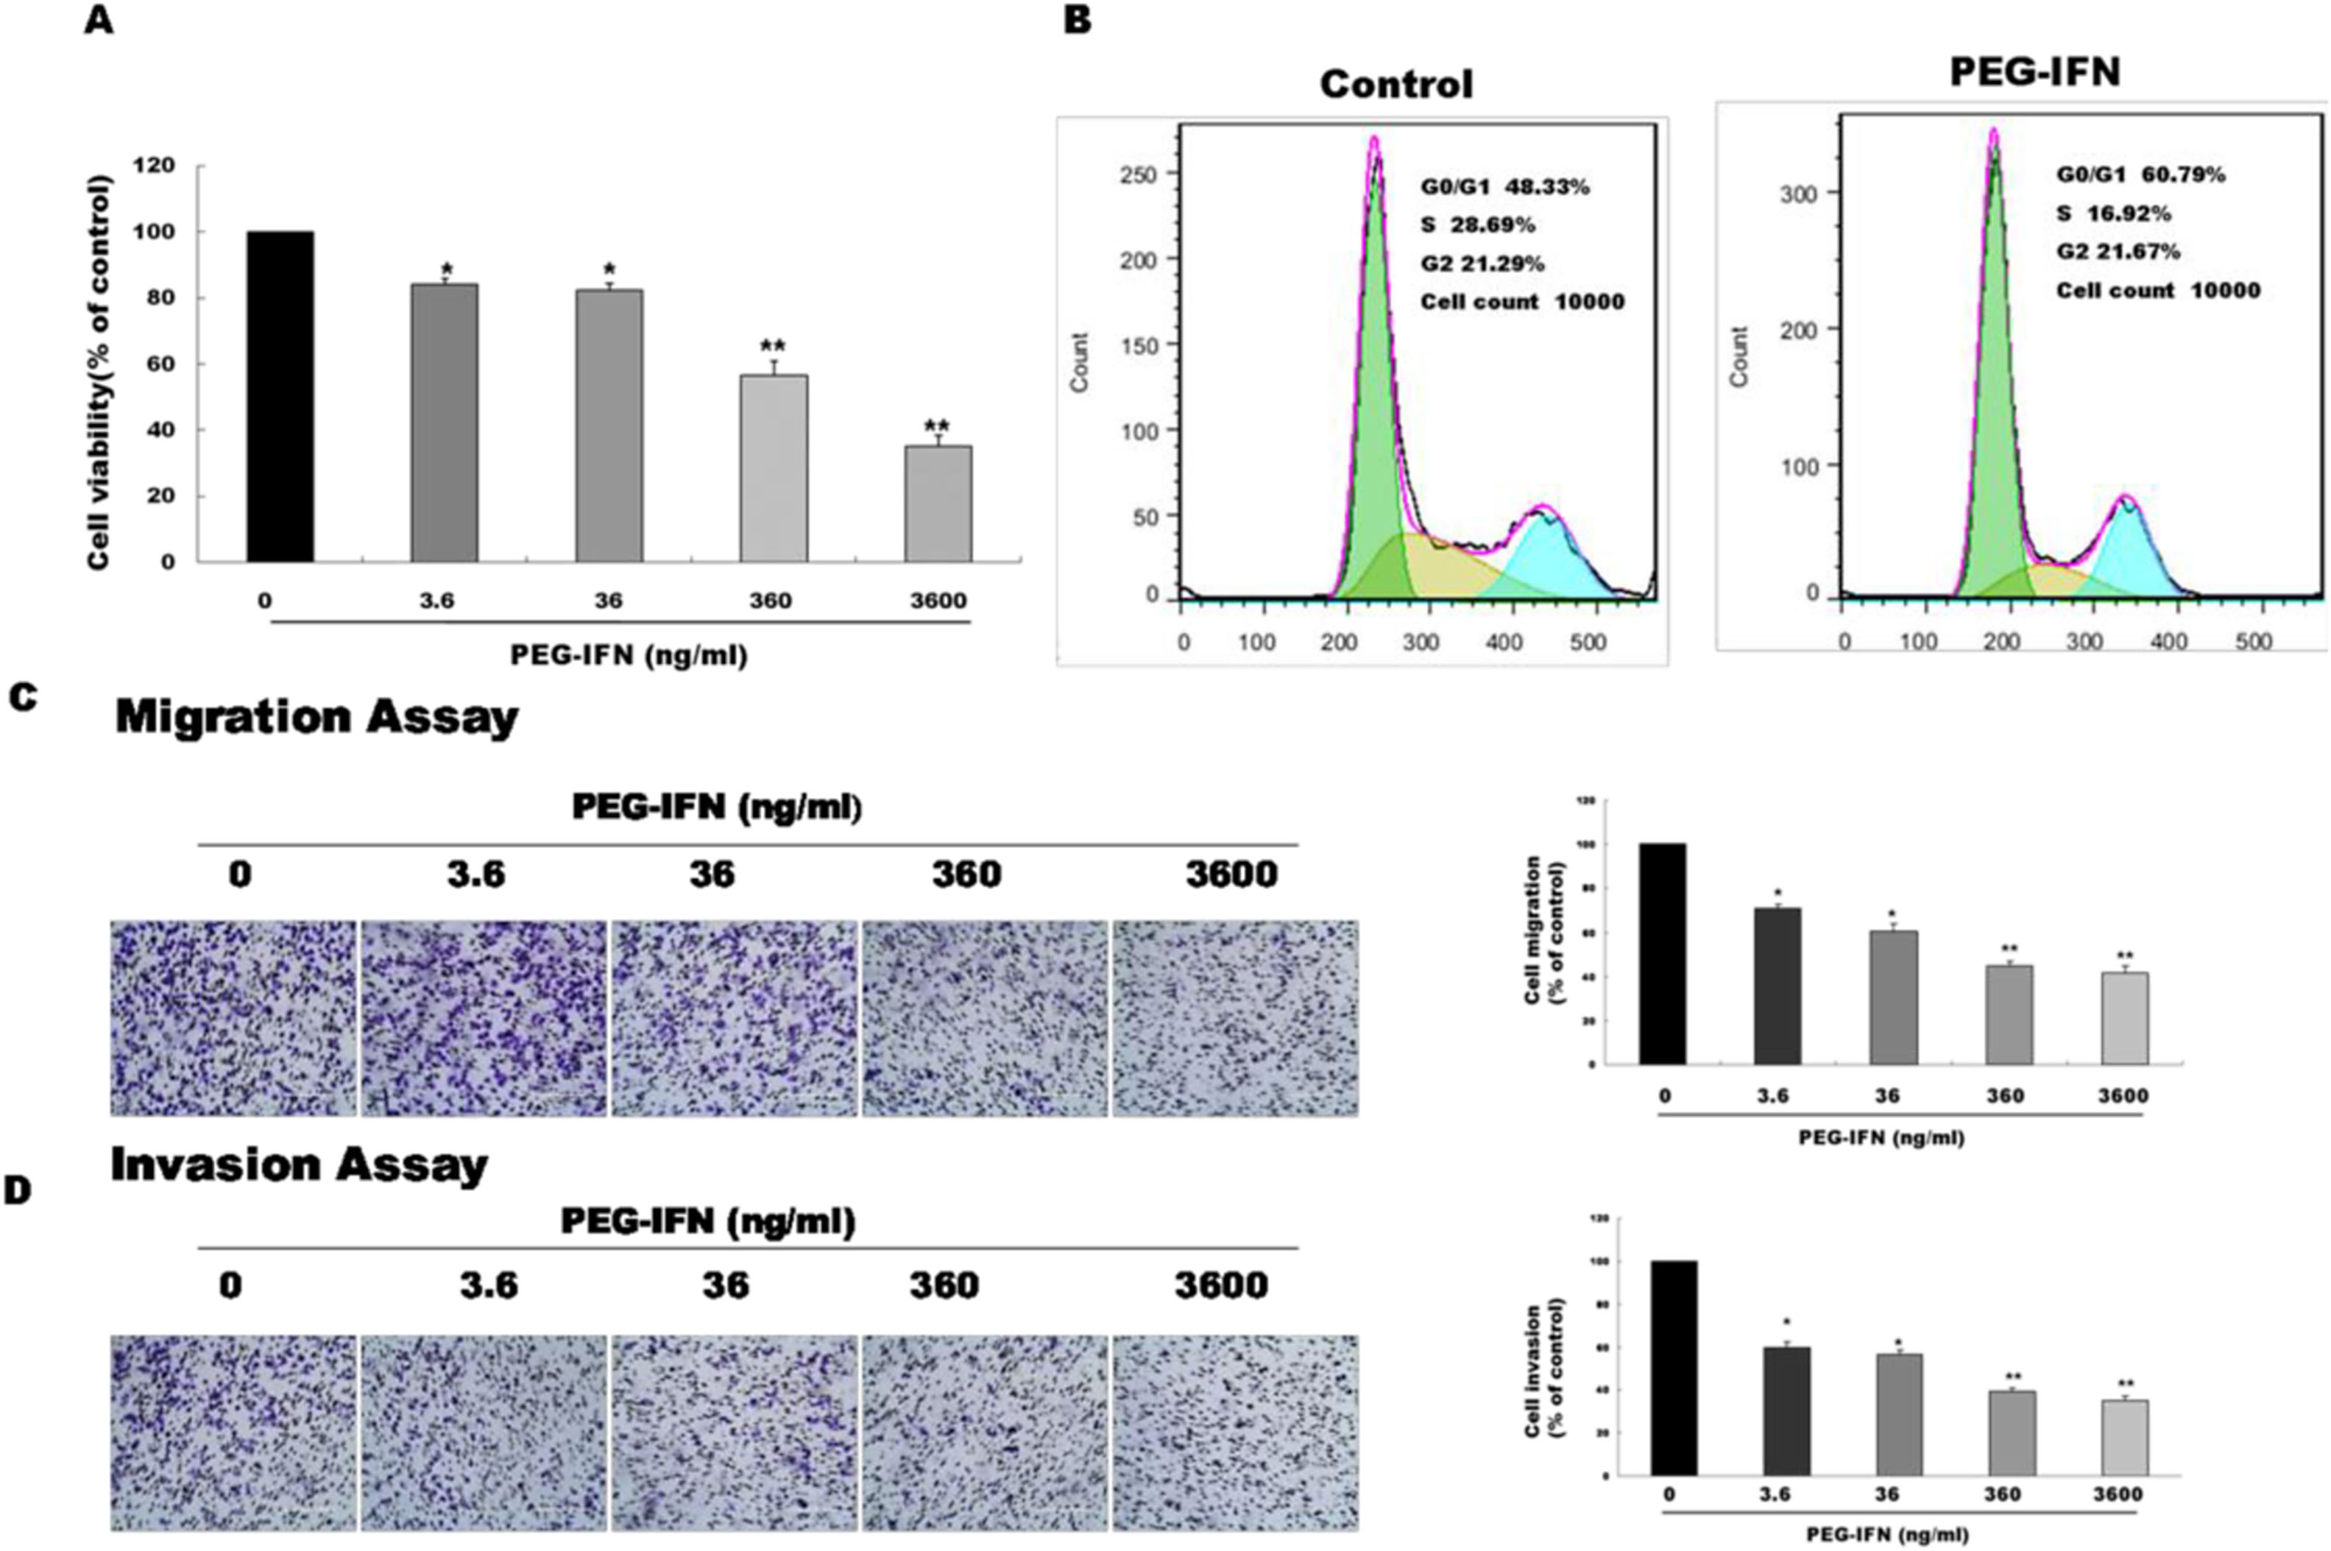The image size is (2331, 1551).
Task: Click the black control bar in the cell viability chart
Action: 281,396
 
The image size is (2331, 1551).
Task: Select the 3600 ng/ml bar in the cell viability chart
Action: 938,504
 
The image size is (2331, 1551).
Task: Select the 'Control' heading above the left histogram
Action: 1396,84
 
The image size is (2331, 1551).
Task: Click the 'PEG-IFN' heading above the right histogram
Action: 2035,72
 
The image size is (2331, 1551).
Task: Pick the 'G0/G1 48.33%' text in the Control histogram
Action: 1504,187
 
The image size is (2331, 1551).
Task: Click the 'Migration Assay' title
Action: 316,717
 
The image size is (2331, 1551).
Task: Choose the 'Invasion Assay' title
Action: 300,1165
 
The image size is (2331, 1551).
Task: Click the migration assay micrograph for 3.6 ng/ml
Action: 484,1019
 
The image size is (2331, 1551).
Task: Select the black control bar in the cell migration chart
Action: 1663,955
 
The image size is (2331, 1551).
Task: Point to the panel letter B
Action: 1077,20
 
